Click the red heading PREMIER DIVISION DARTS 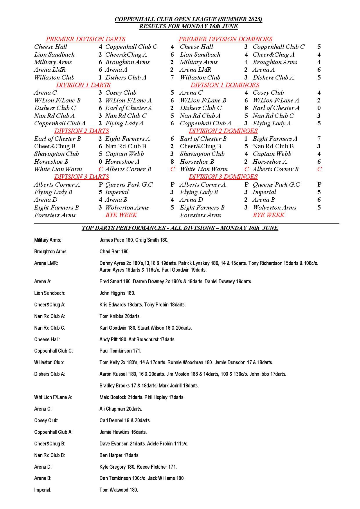(86, 39)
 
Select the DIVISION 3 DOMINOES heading (223, 177)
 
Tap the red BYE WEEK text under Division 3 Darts (121, 215)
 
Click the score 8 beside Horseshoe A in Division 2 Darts (172, 162)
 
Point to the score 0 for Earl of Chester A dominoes (319, 108)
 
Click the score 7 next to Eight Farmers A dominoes (319, 139)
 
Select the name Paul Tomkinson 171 (120, 351)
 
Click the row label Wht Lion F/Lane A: (53, 397)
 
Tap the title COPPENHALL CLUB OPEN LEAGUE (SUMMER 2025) (188, 19)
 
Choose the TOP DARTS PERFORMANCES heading (180, 228)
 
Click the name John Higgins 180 (117, 293)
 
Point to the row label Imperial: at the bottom (43, 490)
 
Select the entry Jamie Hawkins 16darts (123, 432)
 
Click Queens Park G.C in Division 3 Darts (129, 185)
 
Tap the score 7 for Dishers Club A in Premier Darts (172, 77)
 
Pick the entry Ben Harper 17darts (119, 455)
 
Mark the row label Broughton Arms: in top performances (51, 252)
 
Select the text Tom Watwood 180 (119, 490)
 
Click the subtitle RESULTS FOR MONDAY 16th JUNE (188, 26)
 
